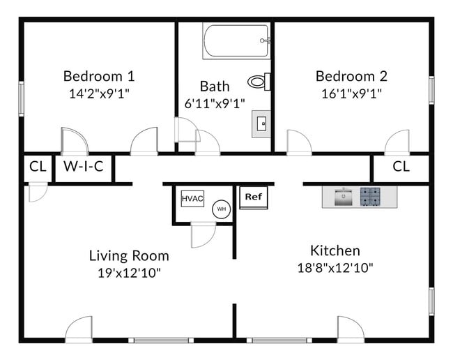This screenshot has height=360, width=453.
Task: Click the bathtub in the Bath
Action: (236, 41)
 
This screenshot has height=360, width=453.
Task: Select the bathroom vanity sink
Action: (262, 124)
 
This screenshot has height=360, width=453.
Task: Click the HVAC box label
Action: (192, 199)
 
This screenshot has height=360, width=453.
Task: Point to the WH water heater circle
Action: (221, 209)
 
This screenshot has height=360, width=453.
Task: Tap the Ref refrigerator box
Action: (253, 197)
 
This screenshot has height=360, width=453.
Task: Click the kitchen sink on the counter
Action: (341, 197)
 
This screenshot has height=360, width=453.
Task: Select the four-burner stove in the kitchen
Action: (370, 197)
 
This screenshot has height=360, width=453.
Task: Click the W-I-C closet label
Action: (83, 167)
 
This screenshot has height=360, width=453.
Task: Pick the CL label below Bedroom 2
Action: (401, 167)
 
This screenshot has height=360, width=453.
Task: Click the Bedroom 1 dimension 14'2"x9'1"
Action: (99, 92)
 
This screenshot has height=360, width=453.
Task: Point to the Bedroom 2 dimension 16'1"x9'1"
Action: (351, 92)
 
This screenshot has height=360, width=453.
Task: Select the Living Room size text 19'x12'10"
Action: (129, 272)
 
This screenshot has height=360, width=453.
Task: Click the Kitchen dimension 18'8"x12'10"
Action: (335, 267)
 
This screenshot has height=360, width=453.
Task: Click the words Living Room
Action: (129, 255)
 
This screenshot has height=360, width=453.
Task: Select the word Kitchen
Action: (335, 250)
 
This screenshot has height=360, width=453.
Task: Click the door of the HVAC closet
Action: (203, 234)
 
